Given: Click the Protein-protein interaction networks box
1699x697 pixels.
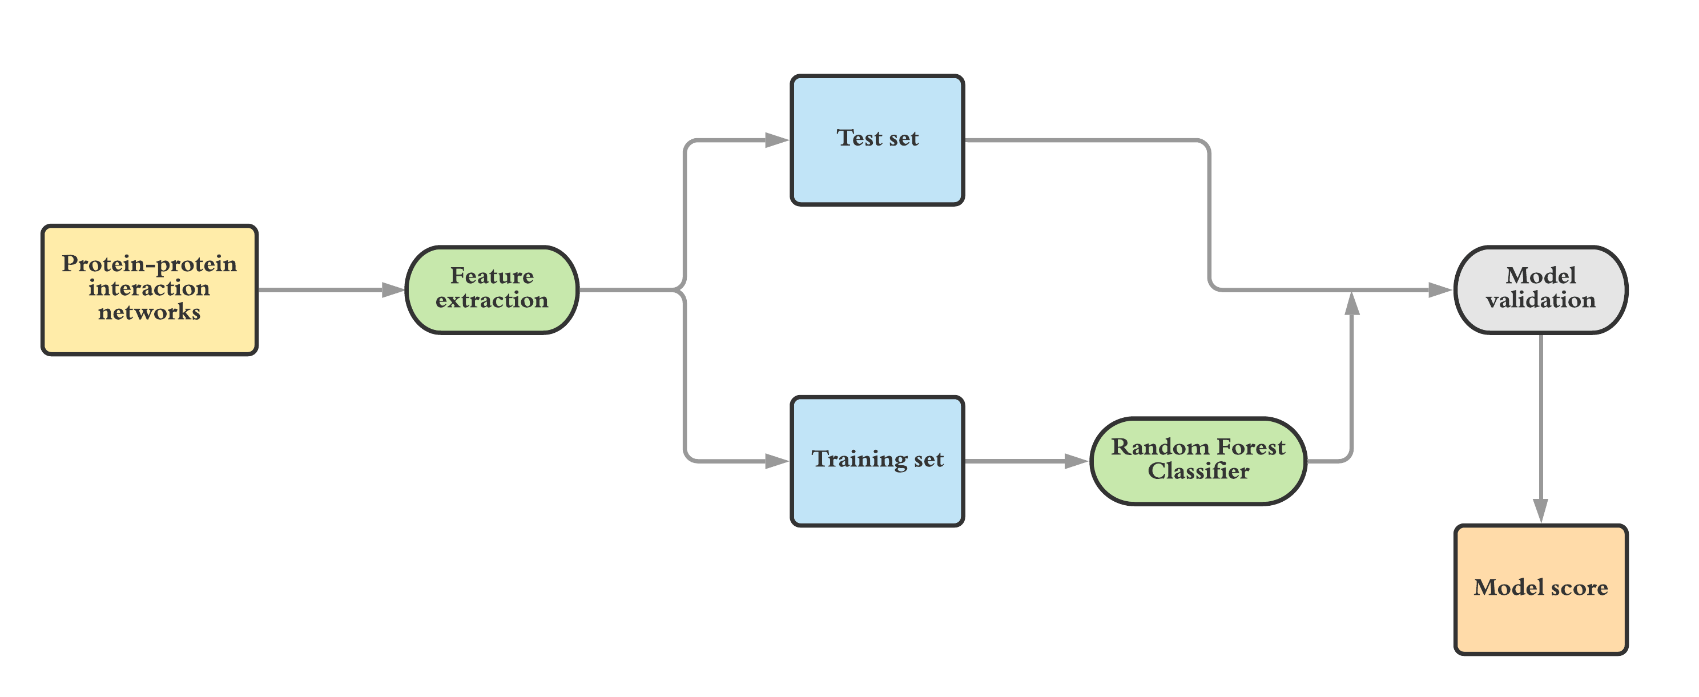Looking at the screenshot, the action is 150,290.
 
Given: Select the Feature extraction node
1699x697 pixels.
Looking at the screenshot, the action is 492,290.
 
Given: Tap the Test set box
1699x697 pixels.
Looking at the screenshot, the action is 878,140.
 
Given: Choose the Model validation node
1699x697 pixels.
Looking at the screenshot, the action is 1541,290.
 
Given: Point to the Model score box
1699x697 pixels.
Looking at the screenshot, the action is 1541,590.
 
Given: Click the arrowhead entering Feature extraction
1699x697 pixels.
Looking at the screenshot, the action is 394,290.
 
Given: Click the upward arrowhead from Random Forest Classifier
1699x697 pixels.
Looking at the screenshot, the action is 1352,303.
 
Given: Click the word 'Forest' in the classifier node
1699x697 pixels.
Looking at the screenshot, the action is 1251,447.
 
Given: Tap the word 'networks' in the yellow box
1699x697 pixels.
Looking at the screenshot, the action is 150,312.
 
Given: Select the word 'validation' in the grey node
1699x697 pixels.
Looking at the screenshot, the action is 1541,301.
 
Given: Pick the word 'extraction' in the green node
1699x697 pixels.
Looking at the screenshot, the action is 492,301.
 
